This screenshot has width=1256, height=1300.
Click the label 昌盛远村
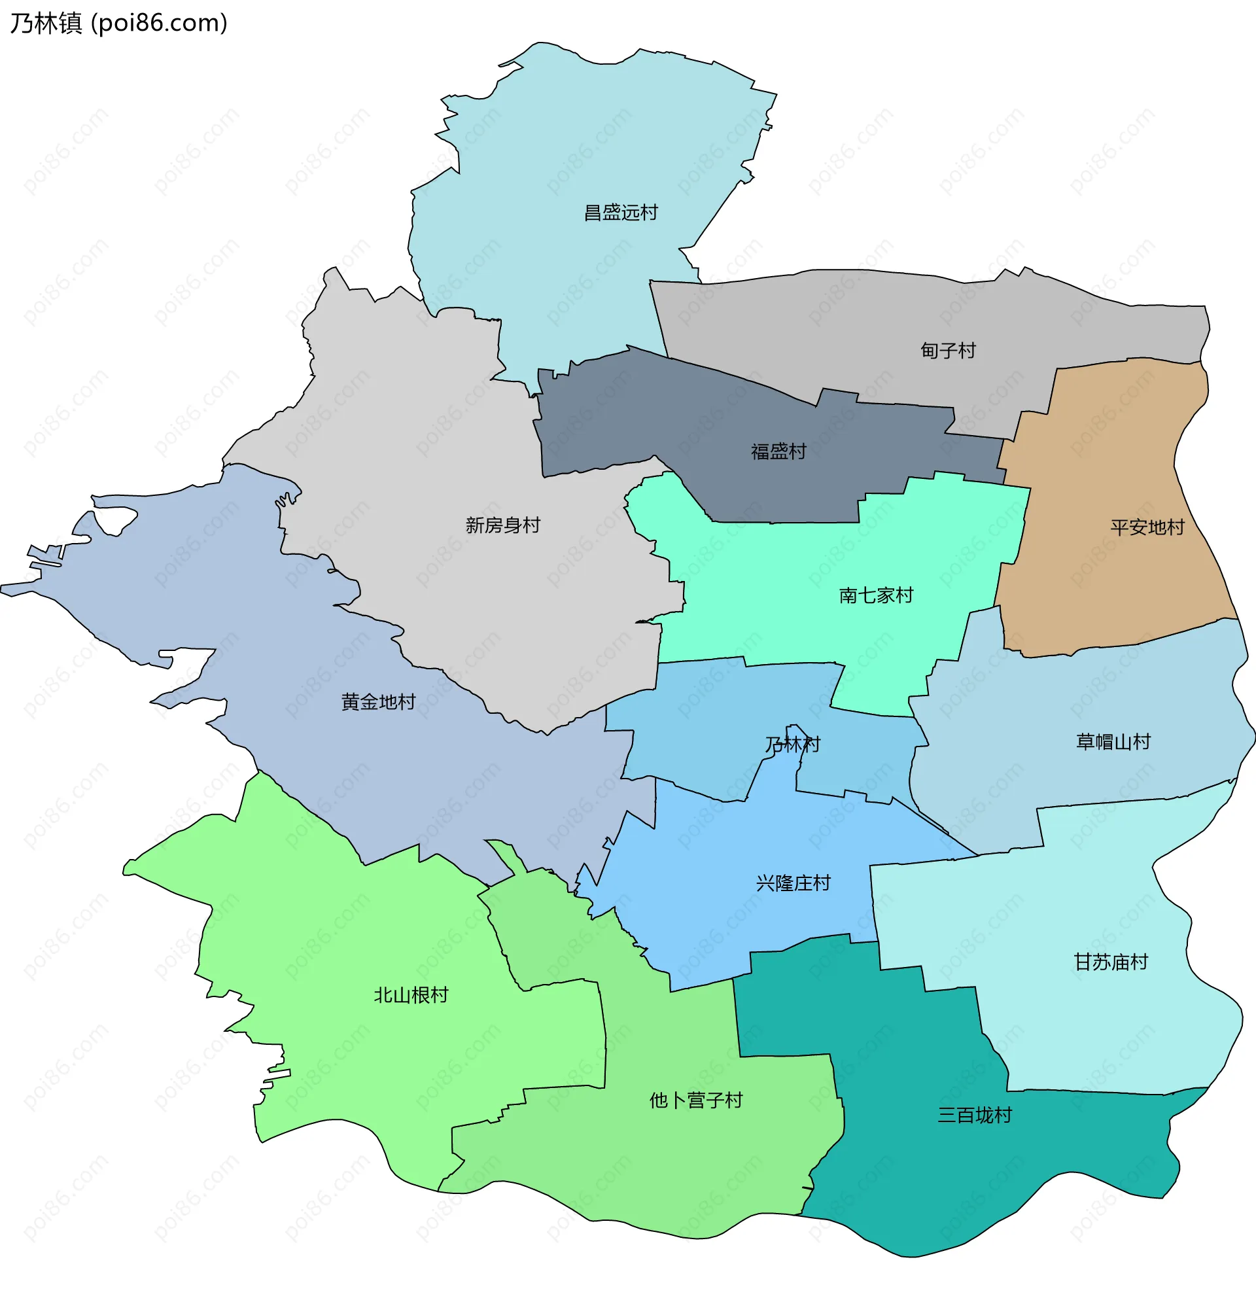620,213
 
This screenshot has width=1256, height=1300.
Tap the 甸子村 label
948,351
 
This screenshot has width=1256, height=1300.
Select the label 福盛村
778,451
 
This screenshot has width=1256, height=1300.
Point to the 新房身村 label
502,525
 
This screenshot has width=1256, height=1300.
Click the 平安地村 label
1147,527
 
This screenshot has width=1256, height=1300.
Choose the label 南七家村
875,595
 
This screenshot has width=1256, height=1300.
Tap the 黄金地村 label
378,702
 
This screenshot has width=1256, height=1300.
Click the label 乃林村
792,745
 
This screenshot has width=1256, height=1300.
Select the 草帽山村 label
1112,741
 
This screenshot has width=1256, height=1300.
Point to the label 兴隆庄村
792,883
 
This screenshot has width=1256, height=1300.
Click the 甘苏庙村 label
1110,962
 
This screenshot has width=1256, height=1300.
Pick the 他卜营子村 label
695,1100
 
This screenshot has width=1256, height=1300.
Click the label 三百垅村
973,1115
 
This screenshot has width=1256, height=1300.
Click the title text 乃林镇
46,23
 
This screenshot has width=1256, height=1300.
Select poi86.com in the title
159,23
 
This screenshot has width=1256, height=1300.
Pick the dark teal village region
928,1181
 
